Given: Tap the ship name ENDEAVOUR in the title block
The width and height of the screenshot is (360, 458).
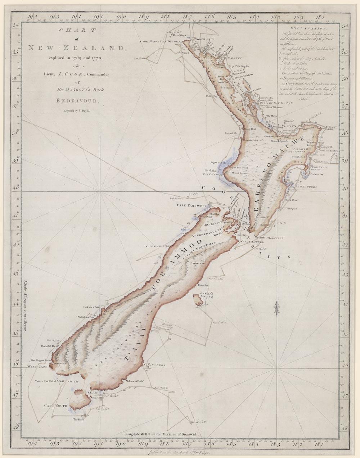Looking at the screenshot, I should (75, 101).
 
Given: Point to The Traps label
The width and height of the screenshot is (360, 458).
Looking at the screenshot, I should (78, 420).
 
